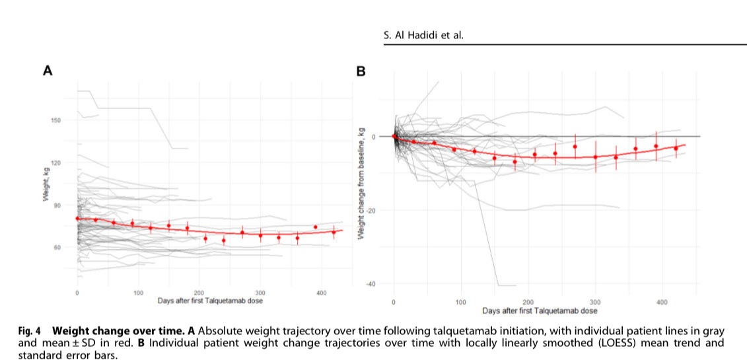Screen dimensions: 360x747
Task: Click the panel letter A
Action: [48, 71]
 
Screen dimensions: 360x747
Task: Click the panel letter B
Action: [361, 71]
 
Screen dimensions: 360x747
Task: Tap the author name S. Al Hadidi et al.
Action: [423, 35]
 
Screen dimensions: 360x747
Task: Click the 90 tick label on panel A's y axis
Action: [56, 205]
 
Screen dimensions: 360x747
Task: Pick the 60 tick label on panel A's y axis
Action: [56, 247]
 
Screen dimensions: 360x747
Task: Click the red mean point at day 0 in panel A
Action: [77, 219]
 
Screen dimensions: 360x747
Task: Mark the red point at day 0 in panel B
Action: [394, 137]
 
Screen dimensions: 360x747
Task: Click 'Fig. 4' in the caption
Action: [54, 330]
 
